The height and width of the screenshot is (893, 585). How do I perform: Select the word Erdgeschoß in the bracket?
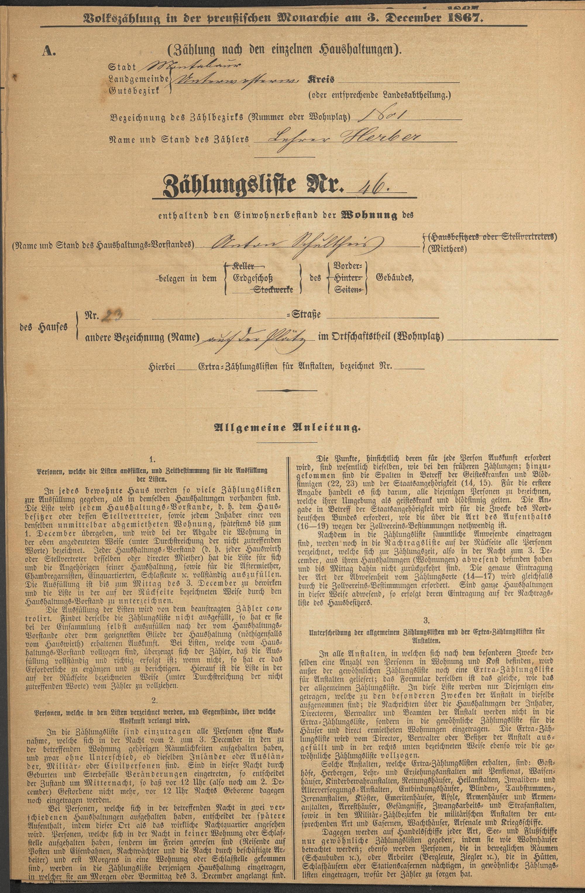point(252,278)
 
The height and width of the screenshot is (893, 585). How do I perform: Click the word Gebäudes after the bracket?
point(391,278)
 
